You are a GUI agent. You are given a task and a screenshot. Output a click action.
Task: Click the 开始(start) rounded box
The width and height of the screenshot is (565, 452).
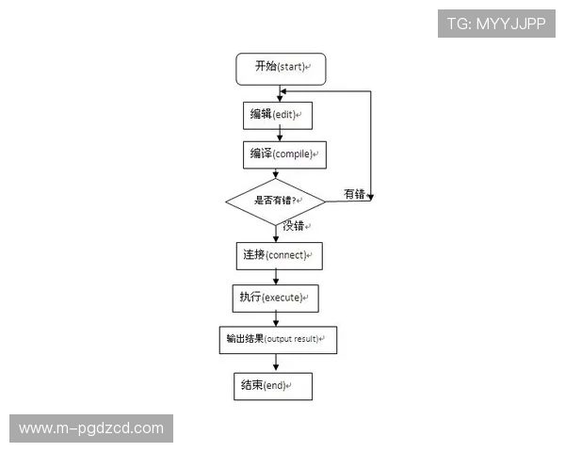coord(281,67)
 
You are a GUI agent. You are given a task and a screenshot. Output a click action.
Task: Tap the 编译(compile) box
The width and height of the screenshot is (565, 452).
coord(283,153)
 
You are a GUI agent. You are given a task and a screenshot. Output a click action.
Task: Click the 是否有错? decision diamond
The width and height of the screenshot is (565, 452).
coord(275,201)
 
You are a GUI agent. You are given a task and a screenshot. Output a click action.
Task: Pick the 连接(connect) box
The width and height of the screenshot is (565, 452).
coord(278,254)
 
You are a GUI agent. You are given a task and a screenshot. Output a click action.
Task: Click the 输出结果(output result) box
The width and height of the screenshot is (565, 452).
coord(277,339)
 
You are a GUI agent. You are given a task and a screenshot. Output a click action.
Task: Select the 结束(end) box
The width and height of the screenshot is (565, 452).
coord(272,385)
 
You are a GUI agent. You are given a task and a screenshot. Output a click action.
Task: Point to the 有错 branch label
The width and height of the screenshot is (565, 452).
coord(353,194)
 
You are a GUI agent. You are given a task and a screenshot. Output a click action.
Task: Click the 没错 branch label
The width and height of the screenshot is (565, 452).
coord(294,226)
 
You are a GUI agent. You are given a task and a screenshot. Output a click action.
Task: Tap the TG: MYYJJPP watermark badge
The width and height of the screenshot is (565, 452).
coord(496,24)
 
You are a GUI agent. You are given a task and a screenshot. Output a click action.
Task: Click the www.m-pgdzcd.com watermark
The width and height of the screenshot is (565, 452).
coord(90,428)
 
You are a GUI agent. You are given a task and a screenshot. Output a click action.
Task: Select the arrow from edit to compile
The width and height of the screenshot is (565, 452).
coord(279,135)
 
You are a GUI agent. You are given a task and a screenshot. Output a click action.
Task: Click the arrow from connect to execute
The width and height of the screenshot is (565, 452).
coord(276,276)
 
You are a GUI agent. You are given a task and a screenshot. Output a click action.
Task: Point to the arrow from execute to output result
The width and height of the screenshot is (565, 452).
coord(276,318)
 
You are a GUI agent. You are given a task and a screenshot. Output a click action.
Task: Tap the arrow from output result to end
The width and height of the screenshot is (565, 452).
coord(276,363)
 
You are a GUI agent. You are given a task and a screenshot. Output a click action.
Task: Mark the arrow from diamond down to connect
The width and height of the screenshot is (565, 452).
coord(277,233)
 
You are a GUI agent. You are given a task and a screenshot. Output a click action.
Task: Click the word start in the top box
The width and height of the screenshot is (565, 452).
coord(292,68)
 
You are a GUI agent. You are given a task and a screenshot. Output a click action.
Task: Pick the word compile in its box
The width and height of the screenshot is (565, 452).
coord(295,154)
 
